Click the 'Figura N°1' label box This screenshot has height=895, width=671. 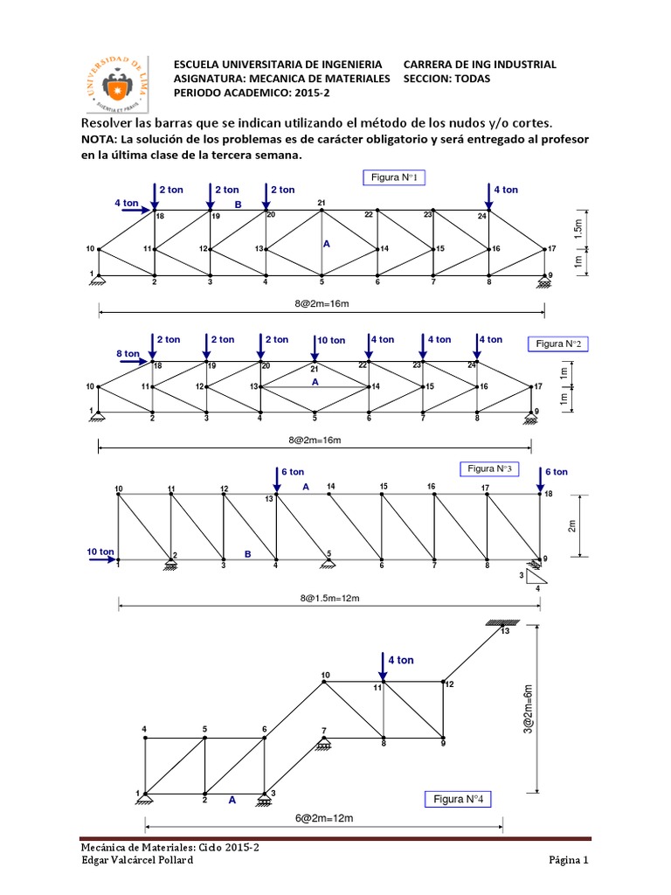pyautogui.click(x=393, y=178)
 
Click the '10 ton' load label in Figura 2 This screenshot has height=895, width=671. pyautogui.click(x=331, y=340)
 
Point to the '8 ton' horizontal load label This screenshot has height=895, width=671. pyautogui.click(x=127, y=353)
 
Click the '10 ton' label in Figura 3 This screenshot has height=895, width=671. pyautogui.click(x=100, y=552)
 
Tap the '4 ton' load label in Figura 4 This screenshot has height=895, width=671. pyautogui.click(x=400, y=660)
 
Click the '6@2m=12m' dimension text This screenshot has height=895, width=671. pyautogui.click(x=323, y=817)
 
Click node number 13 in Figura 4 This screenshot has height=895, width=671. pyautogui.click(x=504, y=632)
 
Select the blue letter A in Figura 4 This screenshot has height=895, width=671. pyautogui.click(x=232, y=799)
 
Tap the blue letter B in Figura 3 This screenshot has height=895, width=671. pyautogui.click(x=247, y=553)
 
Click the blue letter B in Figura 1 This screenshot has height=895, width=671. pyautogui.click(x=236, y=205)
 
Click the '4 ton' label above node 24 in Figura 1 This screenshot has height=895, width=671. pyautogui.click(x=506, y=189)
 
